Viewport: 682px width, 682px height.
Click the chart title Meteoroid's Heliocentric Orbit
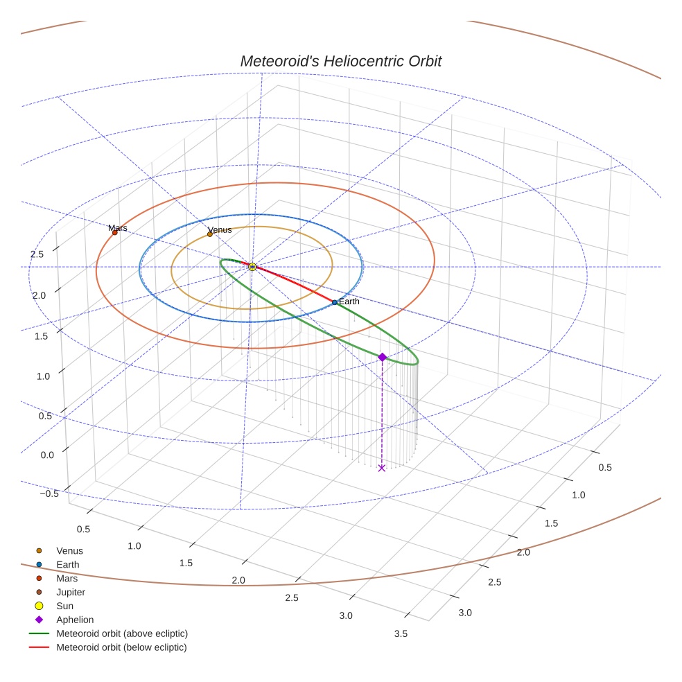(340, 61)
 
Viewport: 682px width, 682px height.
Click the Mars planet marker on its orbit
(115, 233)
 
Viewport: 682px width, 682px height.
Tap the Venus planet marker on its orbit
(210, 234)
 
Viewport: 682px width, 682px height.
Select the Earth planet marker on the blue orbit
(334, 302)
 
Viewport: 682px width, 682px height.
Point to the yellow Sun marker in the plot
(252, 267)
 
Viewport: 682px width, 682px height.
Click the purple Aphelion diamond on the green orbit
(382, 357)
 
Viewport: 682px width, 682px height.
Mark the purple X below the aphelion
(382, 469)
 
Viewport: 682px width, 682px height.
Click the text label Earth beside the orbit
(349, 301)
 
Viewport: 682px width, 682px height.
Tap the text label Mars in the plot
(118, 227)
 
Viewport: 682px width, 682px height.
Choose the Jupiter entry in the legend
(70, 592)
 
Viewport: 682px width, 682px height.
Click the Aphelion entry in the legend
(74, 620)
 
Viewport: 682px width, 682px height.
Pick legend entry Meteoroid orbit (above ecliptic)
(121, 633)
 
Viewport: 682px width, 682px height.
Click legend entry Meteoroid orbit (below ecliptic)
(121, 647)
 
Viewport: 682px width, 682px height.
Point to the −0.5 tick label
(49, 493)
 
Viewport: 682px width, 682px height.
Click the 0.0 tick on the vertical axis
(48, 455)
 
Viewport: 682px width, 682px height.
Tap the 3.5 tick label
(400, 633)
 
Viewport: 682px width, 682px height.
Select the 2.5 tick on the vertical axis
(37, 254)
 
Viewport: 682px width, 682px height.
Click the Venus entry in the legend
(69, 551)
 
